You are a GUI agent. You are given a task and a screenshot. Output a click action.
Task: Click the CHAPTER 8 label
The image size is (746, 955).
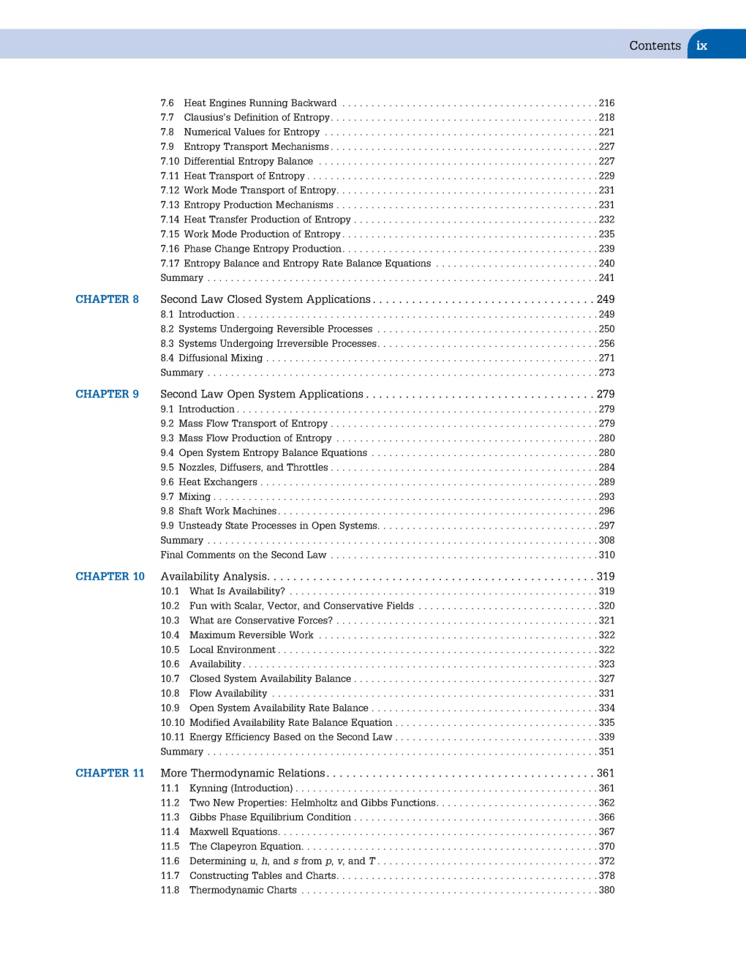(107, 299)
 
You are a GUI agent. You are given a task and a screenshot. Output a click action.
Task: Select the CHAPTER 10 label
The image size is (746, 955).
(110, 577)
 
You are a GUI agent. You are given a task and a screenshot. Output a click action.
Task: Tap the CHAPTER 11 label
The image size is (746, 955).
(110, 774)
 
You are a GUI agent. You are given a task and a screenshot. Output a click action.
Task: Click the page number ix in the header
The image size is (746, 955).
(701, 45)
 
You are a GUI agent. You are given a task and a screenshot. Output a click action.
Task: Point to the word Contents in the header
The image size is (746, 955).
(655, 45)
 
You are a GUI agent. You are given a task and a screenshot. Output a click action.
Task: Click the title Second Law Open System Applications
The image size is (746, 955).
(262, 394)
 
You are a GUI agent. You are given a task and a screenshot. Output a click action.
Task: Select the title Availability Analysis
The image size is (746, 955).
(214, 577)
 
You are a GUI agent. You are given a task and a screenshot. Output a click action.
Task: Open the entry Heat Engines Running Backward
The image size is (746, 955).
(260, 103)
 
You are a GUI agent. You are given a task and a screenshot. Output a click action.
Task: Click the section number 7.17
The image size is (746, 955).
(170, 263)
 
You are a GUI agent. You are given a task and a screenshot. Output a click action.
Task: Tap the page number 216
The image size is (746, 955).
(606, 103)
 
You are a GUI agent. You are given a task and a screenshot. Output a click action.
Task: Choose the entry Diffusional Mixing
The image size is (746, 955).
(220, 359)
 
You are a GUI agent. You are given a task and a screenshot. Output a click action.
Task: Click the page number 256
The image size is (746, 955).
(606, 344)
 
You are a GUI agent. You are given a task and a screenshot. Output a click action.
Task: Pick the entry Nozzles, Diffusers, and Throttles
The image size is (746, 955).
(253, 468)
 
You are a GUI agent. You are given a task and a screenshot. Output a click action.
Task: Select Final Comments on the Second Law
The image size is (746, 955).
(243, 555)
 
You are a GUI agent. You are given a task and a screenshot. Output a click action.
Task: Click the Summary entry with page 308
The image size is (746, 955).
(182, 541)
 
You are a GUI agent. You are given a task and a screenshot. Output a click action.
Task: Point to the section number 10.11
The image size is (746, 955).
(173, 738)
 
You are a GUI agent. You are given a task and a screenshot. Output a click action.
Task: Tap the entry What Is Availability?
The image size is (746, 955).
(237, 591)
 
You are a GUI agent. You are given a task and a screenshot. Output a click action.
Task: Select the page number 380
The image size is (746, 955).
(606, 891)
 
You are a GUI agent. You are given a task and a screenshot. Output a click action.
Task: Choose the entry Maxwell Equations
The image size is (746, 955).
(233, 832)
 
